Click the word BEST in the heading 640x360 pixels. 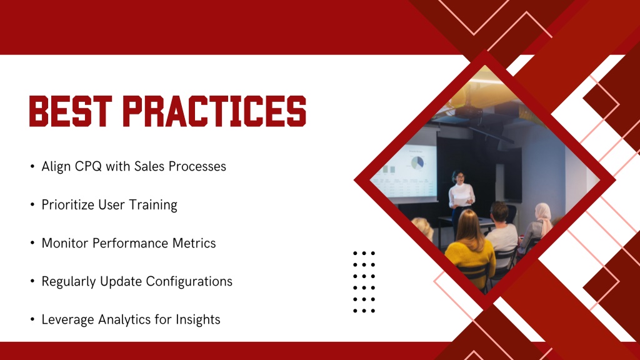coord(70,111)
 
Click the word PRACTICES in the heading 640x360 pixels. coord(214,111)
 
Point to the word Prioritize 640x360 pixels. coord(67,204)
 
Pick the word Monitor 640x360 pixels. coord(65,243)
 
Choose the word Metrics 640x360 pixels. coord(194,243)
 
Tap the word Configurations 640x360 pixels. coord(189,282)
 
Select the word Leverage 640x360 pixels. coord(67,319)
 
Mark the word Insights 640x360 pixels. coord(198,319)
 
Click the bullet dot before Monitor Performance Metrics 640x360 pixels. coord(32,243)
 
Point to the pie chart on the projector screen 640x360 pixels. coord(417,162)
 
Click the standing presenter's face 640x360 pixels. coord(459,178)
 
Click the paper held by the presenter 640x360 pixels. coord(462,200)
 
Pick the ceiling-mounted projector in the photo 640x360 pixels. coord(469,112)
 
